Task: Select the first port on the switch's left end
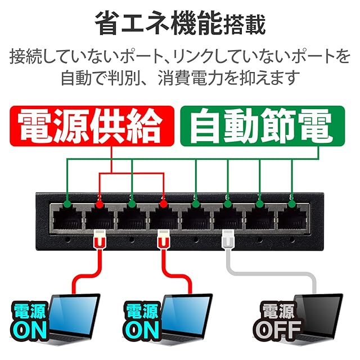click(67, 216)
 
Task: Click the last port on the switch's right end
click(292, 216)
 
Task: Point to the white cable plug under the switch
click(228, 240)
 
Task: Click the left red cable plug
click(99, 240)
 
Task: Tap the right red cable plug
click(164, 240)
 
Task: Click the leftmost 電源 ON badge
click(31, 322)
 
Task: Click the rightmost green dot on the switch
click(292, 199)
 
